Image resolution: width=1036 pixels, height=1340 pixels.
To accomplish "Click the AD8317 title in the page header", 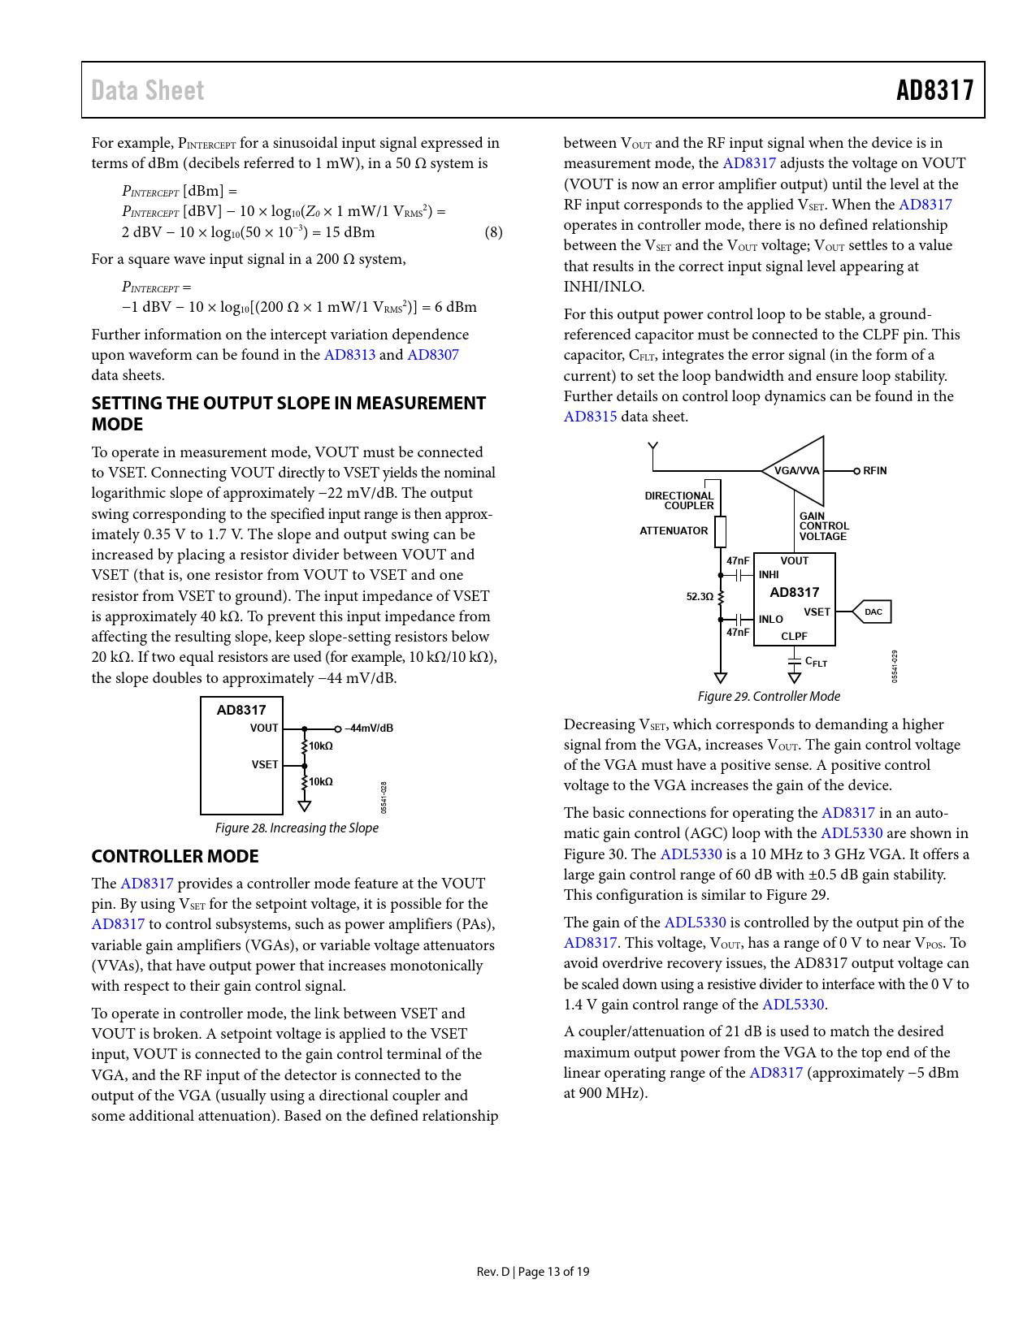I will pos(934,90).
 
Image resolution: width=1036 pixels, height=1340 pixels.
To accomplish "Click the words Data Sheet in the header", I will pos(148,90).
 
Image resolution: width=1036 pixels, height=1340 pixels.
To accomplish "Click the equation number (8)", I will pos(493,232).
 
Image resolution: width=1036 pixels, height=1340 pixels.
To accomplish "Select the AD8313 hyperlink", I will pos(349,355).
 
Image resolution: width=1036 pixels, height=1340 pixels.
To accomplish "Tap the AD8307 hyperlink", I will pos(433,355).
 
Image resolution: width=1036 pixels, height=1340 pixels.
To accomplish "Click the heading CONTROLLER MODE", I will pos(175,857).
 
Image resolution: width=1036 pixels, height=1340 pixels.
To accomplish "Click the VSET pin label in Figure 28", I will pos(265,764).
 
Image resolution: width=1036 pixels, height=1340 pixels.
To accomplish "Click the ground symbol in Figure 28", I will pos(305,806).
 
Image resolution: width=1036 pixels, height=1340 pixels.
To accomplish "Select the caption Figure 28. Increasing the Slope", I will pos(297,828).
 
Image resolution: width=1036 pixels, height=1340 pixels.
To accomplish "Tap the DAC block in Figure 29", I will pos(873,612).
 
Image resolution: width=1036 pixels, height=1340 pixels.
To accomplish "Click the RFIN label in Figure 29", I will pos(874,471).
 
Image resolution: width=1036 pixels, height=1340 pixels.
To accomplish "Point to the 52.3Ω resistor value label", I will pos(700,597).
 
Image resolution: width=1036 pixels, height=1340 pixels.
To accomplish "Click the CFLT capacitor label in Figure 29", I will pos(816,663).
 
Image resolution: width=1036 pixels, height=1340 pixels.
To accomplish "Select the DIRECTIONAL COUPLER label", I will pos(679,500).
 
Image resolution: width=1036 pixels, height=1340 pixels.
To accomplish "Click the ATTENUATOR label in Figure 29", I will pos(674,531).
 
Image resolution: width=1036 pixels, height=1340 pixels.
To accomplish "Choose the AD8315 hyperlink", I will pos(591,417).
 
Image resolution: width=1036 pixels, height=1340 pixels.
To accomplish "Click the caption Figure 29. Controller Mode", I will pos(769,696).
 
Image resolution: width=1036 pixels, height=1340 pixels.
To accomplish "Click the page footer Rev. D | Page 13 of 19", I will pos(533,1272).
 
